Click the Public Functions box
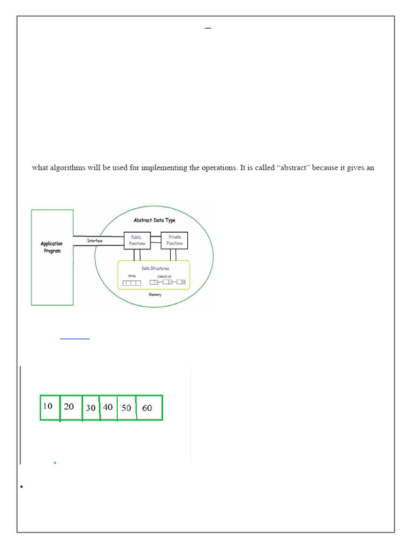coord(136,240)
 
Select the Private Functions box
coord(174,240)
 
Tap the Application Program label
coord(52,247)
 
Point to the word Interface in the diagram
coord(98,241)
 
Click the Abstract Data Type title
coord(154,220)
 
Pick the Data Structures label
coord(155,268)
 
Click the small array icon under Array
coord(132,282)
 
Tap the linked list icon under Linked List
coord(168,281)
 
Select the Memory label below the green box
coord(155,294)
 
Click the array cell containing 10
coord(49,407)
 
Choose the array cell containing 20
coord(70,407)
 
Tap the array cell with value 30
coord(91,408)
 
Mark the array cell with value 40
coord(108,407)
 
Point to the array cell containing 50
coord(126,408)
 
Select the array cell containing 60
coord(148,408)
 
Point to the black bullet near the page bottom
coord(21,486)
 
